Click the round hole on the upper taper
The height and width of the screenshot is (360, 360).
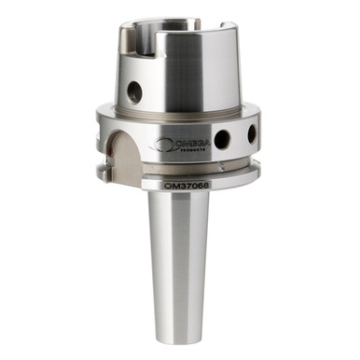pos(136,90)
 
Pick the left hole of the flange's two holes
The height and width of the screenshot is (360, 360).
pos(222,140)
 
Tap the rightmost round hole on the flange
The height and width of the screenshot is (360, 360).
pos(250,134)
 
